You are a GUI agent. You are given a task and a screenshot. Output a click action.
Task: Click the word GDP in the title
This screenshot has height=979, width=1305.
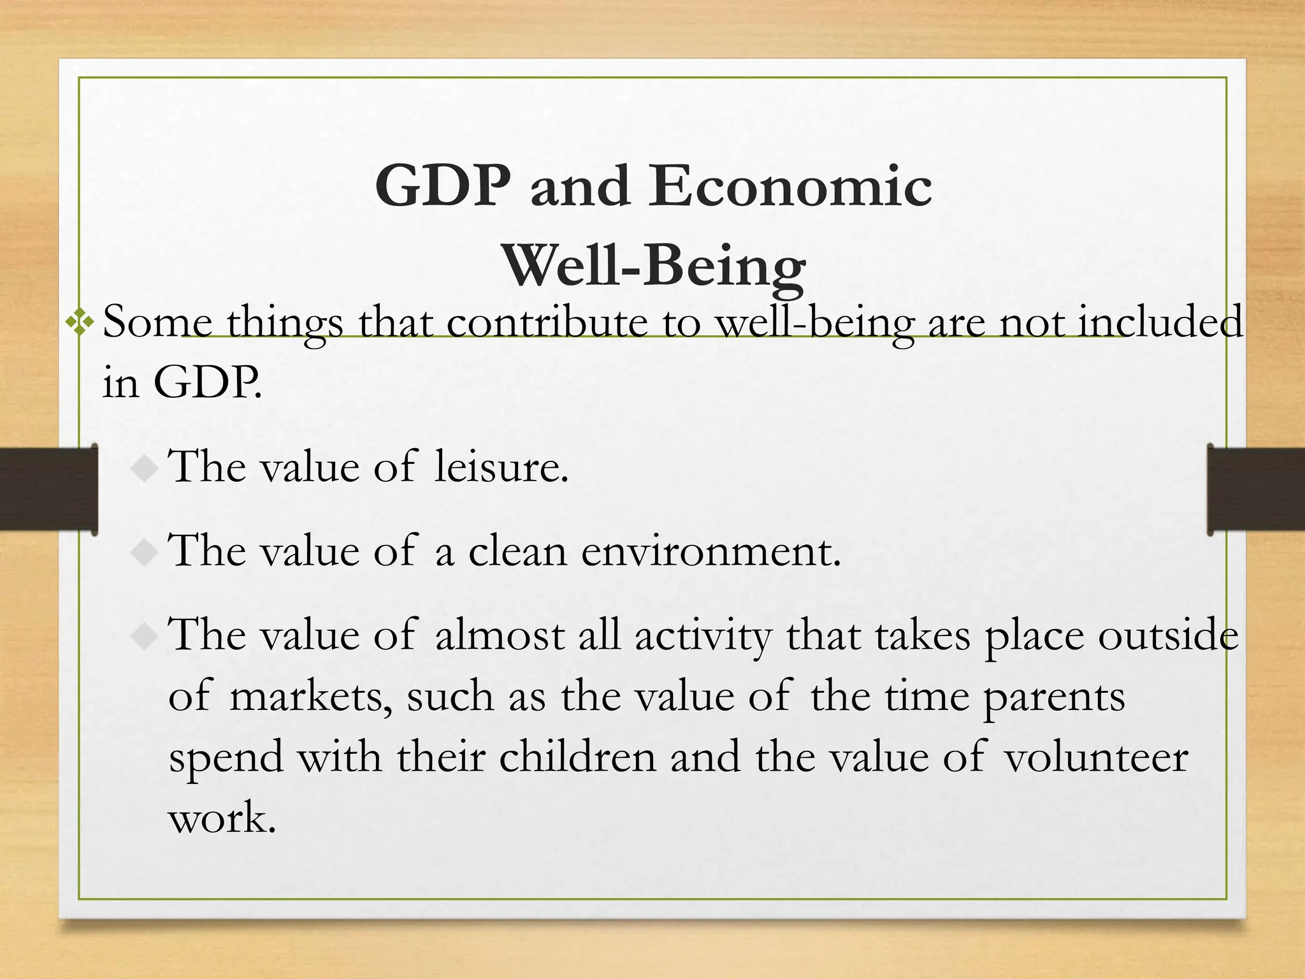pos(443,186)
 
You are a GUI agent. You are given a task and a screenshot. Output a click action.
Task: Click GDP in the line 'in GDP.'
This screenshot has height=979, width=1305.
pos(207,382)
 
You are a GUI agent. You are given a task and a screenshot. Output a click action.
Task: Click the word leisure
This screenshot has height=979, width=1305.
pos(500,467)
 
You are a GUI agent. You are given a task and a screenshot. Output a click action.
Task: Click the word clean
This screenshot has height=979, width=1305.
pos(517,551)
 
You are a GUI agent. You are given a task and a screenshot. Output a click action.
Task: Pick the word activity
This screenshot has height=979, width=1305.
pos(703,636)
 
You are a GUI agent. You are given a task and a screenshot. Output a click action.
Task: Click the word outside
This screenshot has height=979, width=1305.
pos(1169,635)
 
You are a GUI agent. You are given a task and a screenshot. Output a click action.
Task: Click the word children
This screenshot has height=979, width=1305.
pos(577,758)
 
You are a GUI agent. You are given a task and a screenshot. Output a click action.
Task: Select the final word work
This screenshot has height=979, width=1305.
pos(222,818)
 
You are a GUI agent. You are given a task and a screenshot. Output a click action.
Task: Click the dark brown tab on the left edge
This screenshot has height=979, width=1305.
pos(48,489)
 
